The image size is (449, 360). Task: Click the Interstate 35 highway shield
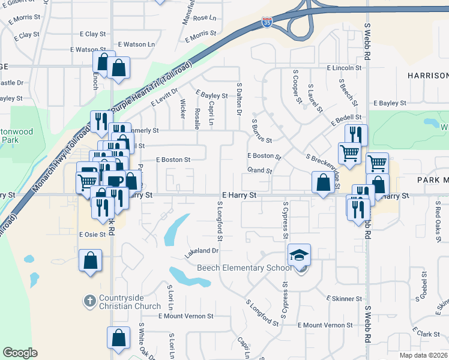click(267, 23)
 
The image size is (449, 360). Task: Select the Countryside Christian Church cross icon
click(89, 299)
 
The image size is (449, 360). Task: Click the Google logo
click(20, 353)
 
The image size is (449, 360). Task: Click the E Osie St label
click(92, 233)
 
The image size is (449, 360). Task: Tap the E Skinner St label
click(343, 298)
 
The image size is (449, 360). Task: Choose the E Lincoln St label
click(344, 68)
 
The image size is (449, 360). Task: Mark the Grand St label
click(260, 171)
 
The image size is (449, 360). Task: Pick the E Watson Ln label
click(136, 44)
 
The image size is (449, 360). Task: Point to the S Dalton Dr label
click(239, 99)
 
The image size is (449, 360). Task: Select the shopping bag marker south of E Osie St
click(90, 262)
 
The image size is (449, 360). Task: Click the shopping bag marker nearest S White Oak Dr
click(118, 338)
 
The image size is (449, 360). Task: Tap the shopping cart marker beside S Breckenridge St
click(349, 152)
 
